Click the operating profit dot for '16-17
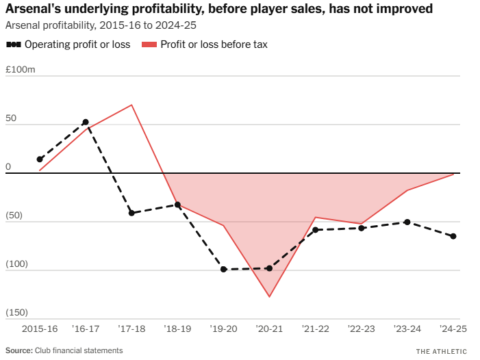tap(86, 122)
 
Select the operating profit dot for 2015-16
tap(40, 159)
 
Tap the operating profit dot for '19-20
tap(223, 269)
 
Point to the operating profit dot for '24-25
tap(453, 236)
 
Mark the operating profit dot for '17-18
tap(131, 213)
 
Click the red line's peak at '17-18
tap(131, 105)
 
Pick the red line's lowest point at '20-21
tap(269, 297)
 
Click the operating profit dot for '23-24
tap(407, 222)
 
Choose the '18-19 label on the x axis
tap(177, 329)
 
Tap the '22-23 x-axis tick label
tap(362, 329)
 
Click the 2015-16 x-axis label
tap(40, 329)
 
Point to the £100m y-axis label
tap(20, 70)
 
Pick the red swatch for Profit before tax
tap(149, 44)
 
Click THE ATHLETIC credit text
tap(442, 351)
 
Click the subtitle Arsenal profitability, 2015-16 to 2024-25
tap(100, 25)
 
